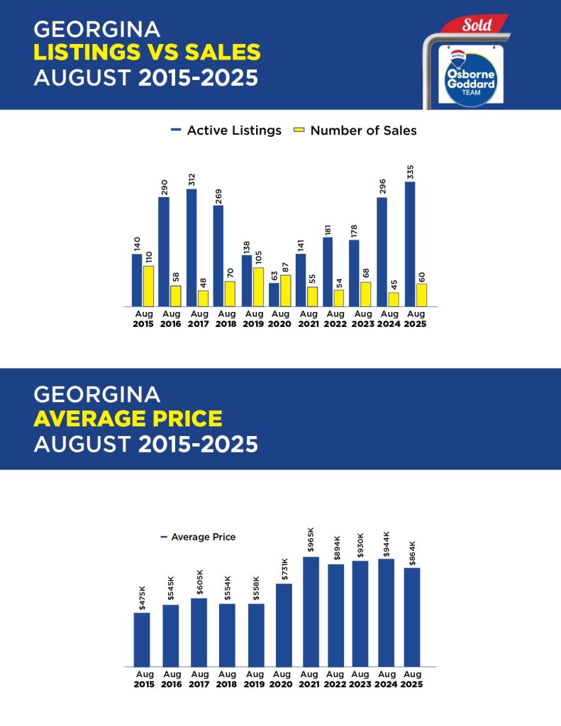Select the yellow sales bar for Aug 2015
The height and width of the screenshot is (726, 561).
[x=148, y=286]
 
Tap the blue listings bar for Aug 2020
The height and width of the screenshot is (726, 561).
[x=274, y=294]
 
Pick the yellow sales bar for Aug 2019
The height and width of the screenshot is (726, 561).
[x=258, y=286]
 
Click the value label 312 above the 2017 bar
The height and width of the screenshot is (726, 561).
[x=191, y=179]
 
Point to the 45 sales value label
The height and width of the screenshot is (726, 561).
[x=394, y=284]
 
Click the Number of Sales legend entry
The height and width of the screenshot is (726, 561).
[x=355, y=130]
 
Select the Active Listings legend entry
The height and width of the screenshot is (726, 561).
[x=226, y=130]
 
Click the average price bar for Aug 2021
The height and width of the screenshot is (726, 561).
[x=311, y=611]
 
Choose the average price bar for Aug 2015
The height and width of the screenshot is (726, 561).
[x=142, y=639]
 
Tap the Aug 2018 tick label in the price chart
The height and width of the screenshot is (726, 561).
[x=227, y=679]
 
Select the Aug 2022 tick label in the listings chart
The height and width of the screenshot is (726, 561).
[x=335, y=318]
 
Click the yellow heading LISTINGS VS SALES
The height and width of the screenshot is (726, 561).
[x=147, y=52]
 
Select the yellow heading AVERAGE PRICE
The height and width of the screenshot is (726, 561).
[x=128, y=419]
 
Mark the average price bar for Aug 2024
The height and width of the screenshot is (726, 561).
[x=387, y=613]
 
